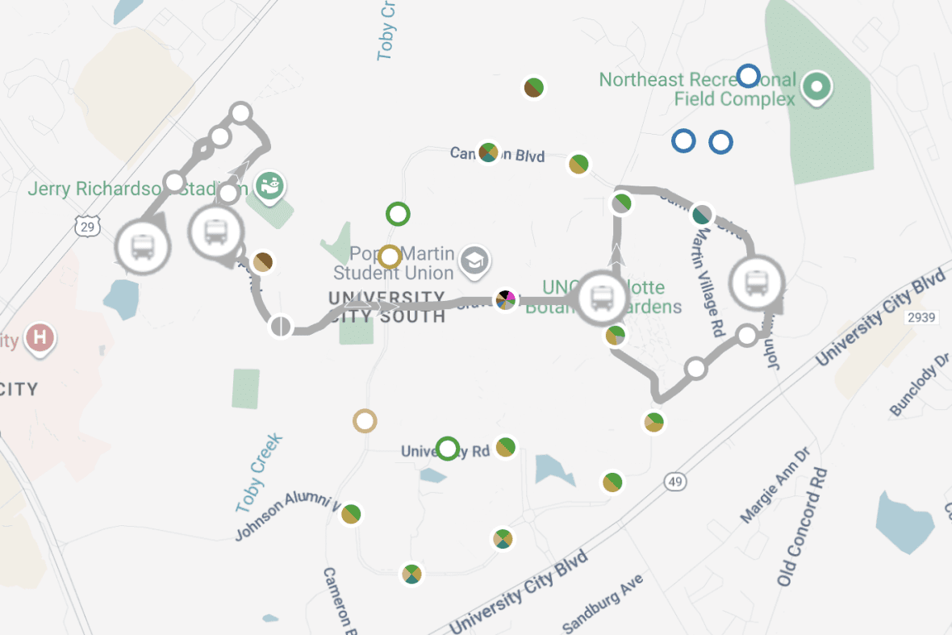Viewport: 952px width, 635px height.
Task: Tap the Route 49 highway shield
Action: pos(675,482)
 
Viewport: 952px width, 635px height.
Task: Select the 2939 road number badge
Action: pos(921,317)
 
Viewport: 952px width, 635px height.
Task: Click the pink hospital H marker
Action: pos(38,337)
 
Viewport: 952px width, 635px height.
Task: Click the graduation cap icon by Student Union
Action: pos(475,260)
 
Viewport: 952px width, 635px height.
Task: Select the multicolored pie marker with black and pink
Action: pos(506,300)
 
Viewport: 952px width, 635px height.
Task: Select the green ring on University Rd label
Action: pos(448,448)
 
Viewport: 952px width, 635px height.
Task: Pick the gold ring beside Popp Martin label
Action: pos(390,257)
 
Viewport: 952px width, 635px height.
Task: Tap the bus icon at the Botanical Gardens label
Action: pos(602,297)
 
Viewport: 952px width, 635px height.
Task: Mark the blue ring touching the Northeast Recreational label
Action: pos(749,77)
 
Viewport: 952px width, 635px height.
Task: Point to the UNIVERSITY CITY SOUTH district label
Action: pos(387,307)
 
